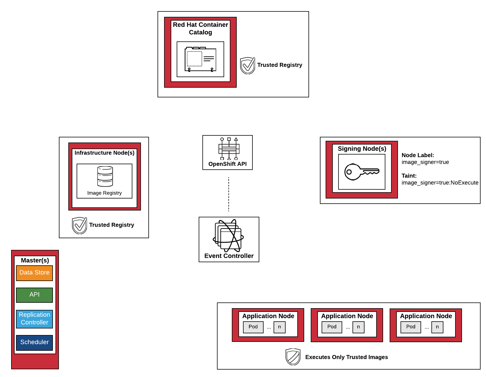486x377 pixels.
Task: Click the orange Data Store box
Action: pyautogui.click(x=34, y=273)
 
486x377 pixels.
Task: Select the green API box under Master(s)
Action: pyautogui.click(x=34, y=295)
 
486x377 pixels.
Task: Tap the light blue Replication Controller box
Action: pyautogui.click(x=34, y=319)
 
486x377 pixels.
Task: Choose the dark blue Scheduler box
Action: pyautogui.click(x=34, y=342)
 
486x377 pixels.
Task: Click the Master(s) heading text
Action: pyautogui.click(x=35, y=260)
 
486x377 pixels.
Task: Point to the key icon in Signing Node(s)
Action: pyautogui.click(x=362, y=172)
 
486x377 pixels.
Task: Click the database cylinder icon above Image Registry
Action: pyautogui.click(x=105, y=176)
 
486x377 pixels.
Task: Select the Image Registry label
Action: pyautogui.click(x=104, y=193)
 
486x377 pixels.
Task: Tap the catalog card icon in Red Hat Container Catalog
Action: pyautogui.click(x=200, y=59)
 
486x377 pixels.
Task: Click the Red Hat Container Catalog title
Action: pyautogui.click(x=200, y=29)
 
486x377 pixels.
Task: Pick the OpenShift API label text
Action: pyautogui.click(x=227, y=164)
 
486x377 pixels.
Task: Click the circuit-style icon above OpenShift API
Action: pyautogui.click(x=229, y=149)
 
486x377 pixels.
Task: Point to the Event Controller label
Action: pyautogui.click(x=229, y=256)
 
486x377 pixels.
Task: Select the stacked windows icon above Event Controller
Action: pyautogui.click(x=228, y=236)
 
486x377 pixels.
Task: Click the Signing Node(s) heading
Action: pyautogui.click(x=362, y=149)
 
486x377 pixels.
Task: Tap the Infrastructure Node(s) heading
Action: pyautogui.click(x=104, y=153)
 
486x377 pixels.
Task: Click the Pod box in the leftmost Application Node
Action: pyautogui.click(x=253, y=327)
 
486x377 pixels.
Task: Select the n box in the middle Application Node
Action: pyautogui.click(x=358, y=327)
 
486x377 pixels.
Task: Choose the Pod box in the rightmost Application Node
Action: pyautogui.click(x=411, y=327)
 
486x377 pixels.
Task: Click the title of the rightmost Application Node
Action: pyautogui.click(x=426, y=316)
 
